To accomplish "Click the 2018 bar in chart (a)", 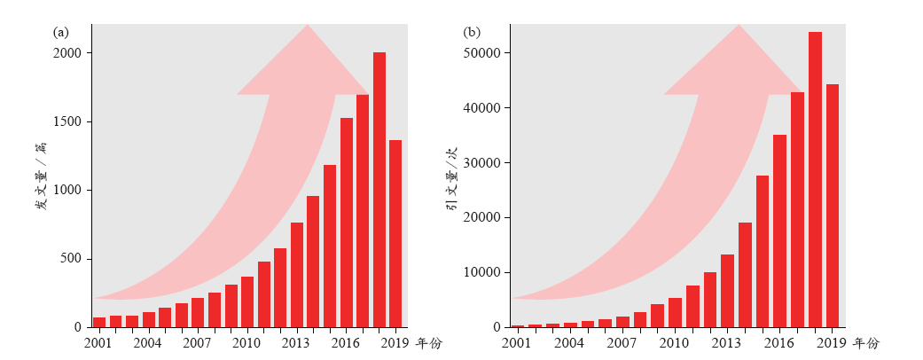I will click(379, 190).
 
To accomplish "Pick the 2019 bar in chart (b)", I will click(833, 206).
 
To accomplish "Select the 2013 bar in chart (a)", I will click(297, 275).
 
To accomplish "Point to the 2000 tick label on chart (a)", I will click(66, 53).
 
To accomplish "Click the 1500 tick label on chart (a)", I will click(66, 121).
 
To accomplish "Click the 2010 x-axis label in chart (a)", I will click(247, 342).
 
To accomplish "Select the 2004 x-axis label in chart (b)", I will click(568, 342).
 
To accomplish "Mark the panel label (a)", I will click(61, 33).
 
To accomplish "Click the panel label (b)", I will click(473, 33).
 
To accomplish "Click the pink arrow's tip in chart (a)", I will click(308, 27).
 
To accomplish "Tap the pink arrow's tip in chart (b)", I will click(739, 27).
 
